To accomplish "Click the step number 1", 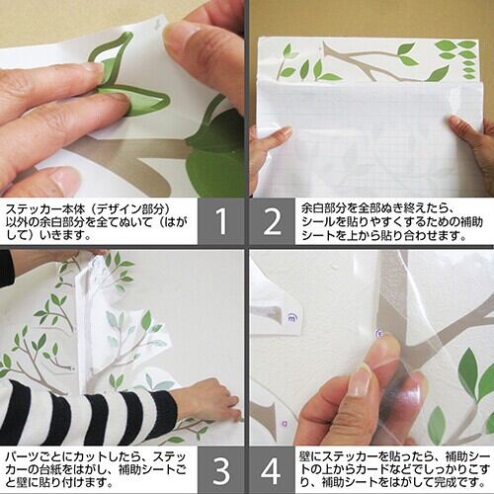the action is coord(222,221).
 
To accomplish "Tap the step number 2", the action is coord(272,222).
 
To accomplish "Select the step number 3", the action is coord(221,470).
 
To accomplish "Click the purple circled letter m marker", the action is coord(291,318).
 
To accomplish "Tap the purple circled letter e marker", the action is coord(379,334).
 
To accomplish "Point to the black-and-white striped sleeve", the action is coord(87,411).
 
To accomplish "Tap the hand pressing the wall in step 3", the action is coord(208,399).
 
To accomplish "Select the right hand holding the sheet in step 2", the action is coord(472,138).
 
